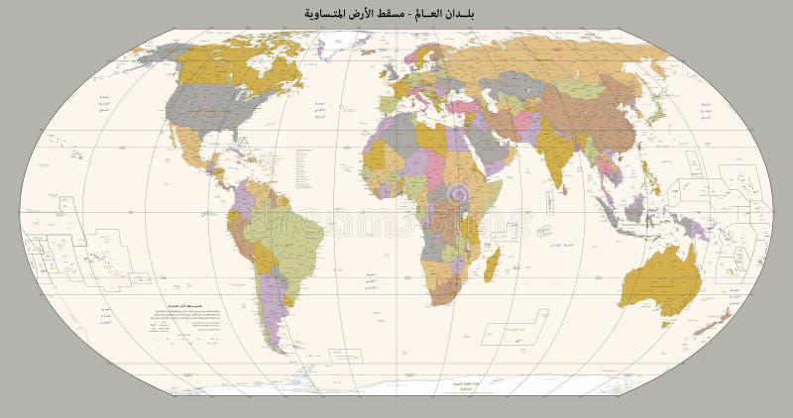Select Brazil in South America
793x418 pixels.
pyautogui.click(x=287, y=238)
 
